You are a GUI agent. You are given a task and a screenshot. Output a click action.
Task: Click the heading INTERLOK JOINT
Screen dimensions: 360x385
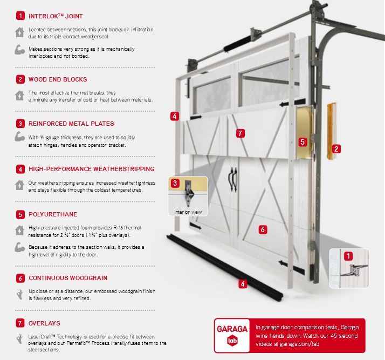(56, 16)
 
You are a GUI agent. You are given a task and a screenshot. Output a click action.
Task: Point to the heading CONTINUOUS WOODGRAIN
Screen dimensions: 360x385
(68, 279)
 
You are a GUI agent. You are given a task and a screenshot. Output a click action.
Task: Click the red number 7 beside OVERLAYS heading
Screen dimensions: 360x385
(20, 323)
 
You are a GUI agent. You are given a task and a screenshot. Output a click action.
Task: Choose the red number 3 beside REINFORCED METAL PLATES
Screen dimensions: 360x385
(20, 123)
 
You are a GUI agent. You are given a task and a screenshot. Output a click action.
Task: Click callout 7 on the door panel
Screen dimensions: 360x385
(240, 133)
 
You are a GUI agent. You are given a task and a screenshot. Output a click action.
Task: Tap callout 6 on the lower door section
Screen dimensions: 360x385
(263, 229)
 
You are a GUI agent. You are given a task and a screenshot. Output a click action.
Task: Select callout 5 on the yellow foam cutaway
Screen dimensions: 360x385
(302, 142)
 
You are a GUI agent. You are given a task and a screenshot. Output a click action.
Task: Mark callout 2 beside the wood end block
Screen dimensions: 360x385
(336, 148)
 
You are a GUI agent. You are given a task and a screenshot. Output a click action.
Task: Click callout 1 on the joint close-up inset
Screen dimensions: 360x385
(349, 256)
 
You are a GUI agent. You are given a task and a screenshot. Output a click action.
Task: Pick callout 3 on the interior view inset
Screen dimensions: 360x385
(175, 184)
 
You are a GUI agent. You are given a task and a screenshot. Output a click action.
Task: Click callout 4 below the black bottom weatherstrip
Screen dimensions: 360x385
(243, 283)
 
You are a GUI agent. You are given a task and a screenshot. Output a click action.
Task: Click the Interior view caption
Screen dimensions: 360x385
(188, 212)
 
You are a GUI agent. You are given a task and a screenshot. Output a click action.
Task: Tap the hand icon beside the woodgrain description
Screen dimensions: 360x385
(20, 294)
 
